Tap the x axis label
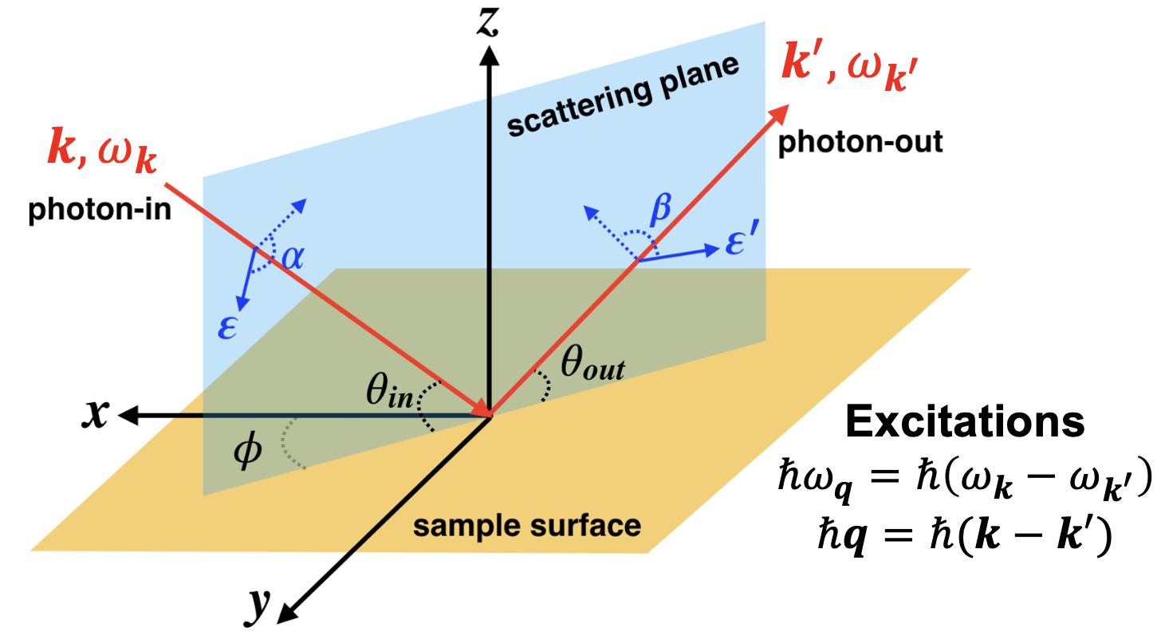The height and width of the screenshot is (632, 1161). tap(96, 414)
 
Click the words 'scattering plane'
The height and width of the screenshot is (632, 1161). tap(624, 96)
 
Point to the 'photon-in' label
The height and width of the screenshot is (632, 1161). tap(100, 210)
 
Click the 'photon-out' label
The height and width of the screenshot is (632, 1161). tap(860, 142)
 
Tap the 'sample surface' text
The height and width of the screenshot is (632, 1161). tap(527, 526)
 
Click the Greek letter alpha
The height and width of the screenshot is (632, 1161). tap(293, 256)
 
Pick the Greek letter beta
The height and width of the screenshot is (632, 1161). tap(661, 209)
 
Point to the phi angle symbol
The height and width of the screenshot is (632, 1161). tap(247, 450)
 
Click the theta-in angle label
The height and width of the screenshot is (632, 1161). tap(389, 391)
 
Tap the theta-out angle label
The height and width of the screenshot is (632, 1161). tap(593, 363)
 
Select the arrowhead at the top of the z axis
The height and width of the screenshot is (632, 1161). tap(489, 56)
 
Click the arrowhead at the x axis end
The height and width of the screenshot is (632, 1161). tap(128, 415)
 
